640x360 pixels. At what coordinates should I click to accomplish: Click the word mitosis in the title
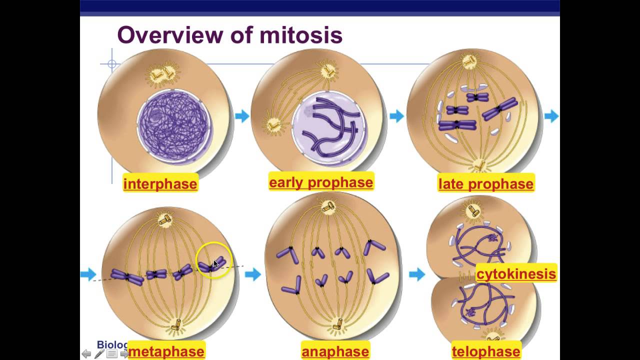click(301, 35)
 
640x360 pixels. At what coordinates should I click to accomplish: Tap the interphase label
click(160, 184)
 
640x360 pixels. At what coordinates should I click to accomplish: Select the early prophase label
click(320, 182)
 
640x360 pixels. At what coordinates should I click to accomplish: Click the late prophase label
click(485, 184)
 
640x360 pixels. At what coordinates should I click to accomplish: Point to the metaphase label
click(166, 351)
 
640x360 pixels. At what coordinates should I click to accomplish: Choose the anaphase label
click(335, 351)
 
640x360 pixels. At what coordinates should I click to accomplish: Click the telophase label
click(485, 351)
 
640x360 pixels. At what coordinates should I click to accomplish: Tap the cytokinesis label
click(516, 273)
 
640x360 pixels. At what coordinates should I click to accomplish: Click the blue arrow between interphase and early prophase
click(242, 116)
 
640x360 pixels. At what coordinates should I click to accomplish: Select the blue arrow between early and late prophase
click(396, 116)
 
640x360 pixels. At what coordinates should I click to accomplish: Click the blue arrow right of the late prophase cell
click(551, 116)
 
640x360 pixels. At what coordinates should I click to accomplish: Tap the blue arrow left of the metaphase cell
click(88, 274)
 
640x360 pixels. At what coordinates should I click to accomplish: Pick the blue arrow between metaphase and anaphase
click(253, 274)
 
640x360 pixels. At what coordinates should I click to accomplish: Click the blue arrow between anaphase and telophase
click(417, 274)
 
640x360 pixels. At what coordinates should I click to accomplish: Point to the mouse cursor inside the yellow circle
click(216, 264)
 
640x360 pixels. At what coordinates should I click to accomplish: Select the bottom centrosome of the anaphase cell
click(338, 324)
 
